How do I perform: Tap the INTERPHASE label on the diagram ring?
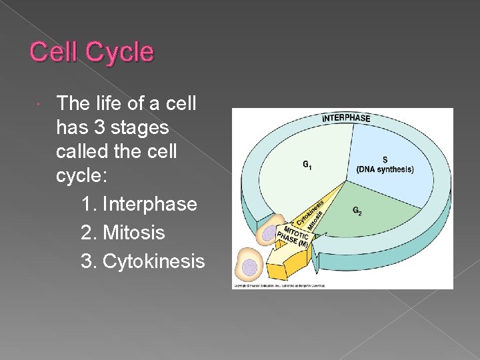(x=346, y=118)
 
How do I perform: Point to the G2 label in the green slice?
(x=357, y=211)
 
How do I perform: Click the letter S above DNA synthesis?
(x=385, y=160)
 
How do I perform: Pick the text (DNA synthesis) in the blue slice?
(x=385, y=169)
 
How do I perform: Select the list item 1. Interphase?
(x=139, y=203)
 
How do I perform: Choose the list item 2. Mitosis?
(x=123, y=233)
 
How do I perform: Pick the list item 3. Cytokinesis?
(x=142, y=261)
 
